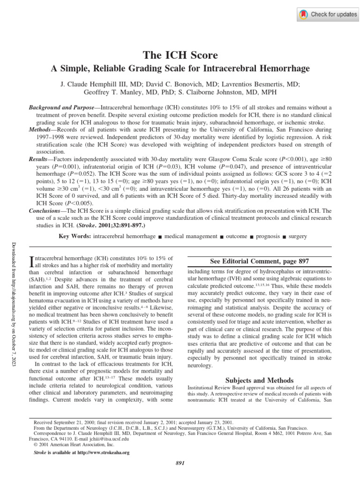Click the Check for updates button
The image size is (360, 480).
[328, 15]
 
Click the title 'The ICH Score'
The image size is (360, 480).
[180, 55]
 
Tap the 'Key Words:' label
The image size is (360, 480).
[75, 237]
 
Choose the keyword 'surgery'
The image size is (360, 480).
[298, 237]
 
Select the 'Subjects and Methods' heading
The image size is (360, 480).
[259, 380]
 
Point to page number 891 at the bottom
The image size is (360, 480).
[180, 464]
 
